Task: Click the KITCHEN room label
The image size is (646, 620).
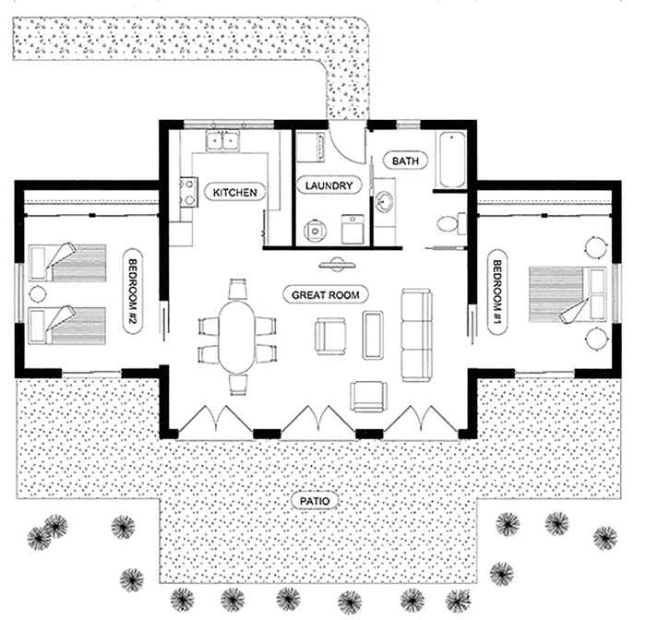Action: pyautogui.click(x=233, y=192)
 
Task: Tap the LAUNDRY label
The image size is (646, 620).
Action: pyautogui.click(x=326, y=185)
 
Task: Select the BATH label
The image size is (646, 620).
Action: pyautogui.click(x=405, y=161)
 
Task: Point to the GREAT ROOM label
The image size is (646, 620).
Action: pyautogui.click(x=326, y=294)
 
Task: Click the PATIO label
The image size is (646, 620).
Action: pyautogui.click(x=315, y=502)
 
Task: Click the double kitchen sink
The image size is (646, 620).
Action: pyautogui.click(x=223, y=141)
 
